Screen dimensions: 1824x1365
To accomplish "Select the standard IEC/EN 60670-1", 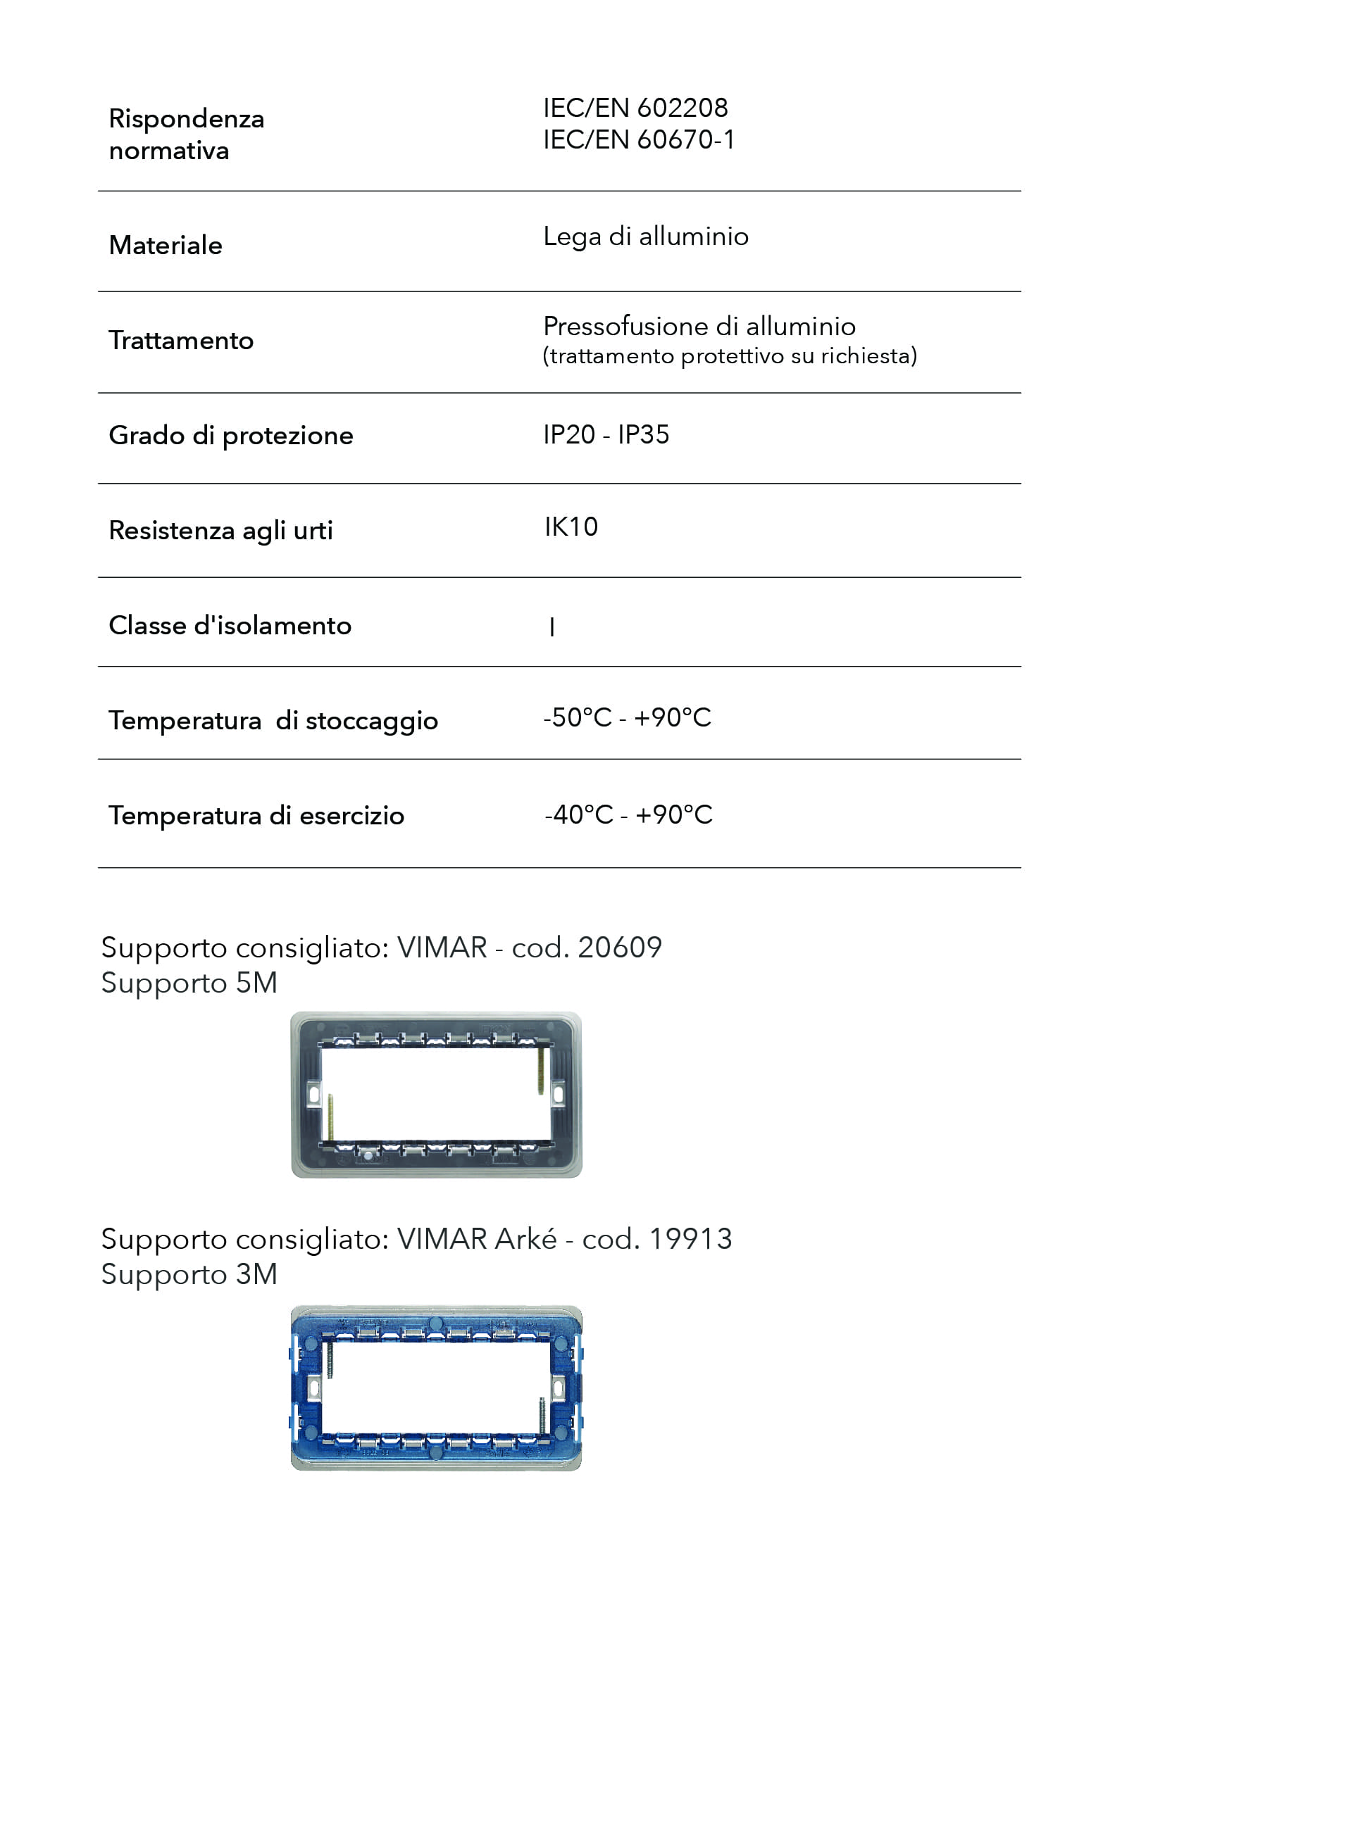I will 637,140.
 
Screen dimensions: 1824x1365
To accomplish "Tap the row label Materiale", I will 165,246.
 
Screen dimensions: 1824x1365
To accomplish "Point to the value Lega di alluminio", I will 645,237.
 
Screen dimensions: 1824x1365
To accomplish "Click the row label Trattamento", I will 180,341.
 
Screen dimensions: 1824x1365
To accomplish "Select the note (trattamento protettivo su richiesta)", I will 729,356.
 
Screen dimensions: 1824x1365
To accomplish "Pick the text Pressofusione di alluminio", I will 699,327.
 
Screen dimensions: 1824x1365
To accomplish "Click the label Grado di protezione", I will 230,435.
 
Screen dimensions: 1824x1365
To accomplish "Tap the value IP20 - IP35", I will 606,434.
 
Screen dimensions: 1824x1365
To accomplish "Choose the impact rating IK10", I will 571,527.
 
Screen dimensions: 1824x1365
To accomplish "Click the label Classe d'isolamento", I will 230,626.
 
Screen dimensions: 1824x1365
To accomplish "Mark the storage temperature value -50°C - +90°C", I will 627,717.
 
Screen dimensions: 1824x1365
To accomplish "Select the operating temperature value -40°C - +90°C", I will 628,814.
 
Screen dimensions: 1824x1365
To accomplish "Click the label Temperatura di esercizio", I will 256,815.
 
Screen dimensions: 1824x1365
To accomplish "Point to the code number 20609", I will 619,948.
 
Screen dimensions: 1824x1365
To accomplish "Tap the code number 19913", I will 690,1240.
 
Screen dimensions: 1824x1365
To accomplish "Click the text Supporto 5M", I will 189,983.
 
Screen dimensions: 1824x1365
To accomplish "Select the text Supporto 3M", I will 189,1275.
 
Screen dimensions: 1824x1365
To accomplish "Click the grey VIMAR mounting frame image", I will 436,1095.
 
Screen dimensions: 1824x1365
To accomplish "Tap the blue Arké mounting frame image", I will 436,1388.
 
